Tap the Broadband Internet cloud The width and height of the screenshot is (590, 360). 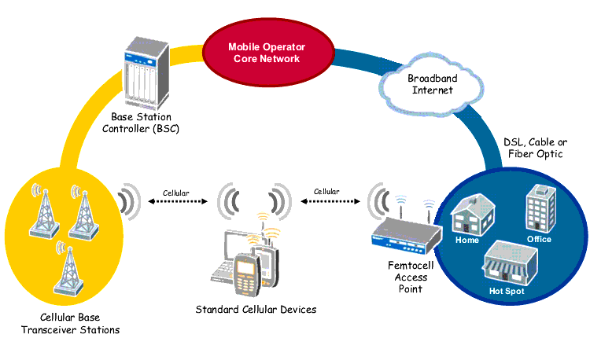point(430,84)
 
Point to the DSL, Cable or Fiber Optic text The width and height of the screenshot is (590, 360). point(534,148)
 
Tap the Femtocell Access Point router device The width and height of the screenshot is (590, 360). point(404,237)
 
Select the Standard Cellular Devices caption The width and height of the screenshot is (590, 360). point(256,310)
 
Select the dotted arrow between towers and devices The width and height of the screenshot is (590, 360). point(176,202)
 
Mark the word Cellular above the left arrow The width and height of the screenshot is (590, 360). point(176,192)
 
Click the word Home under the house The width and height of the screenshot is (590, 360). point(467,239)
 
